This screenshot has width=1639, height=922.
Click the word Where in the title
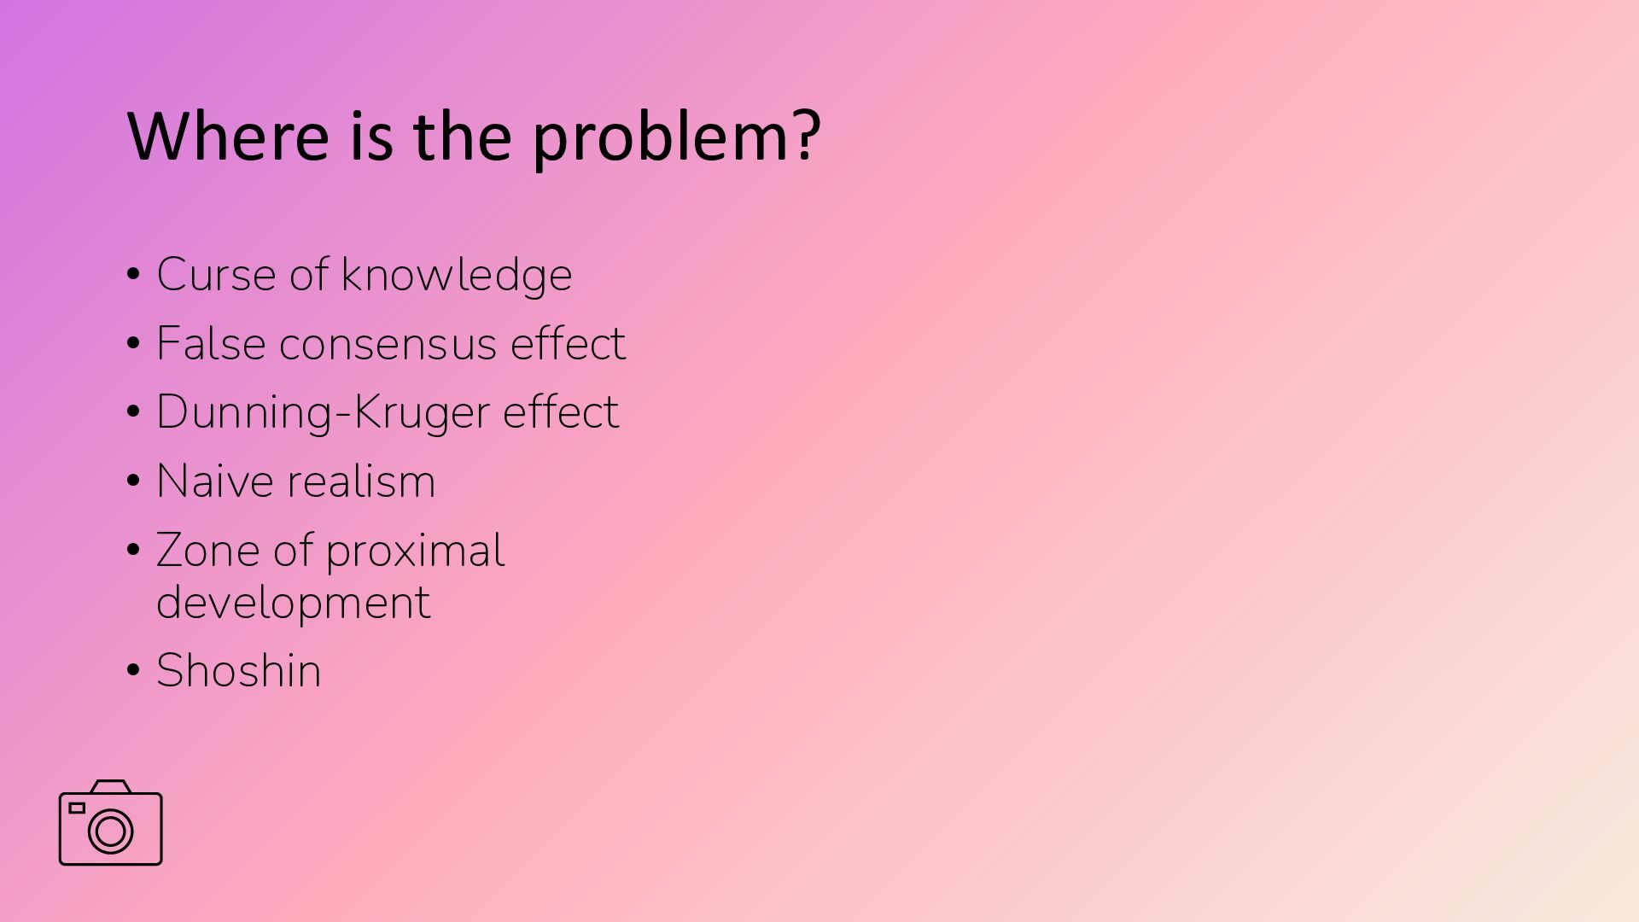tap(228, 135)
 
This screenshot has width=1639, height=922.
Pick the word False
tap(211, 343)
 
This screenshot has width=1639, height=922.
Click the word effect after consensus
tap(568, 343)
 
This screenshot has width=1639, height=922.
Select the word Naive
tap(217, 481)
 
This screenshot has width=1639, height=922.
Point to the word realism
tap(363, 481)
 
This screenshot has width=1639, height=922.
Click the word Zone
tap(208, 551)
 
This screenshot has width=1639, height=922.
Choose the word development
tap(294, 603)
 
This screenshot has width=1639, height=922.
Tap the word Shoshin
tap(239, 670)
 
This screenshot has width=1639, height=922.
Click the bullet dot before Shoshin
tap(133, 670)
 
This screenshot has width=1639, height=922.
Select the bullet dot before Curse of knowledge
tap(133, 275)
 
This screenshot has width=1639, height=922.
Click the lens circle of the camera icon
tap(111, 831)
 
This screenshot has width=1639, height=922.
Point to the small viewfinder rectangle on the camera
tap(77, 808)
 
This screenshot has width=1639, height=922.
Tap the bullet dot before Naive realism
tap(133, 481)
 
